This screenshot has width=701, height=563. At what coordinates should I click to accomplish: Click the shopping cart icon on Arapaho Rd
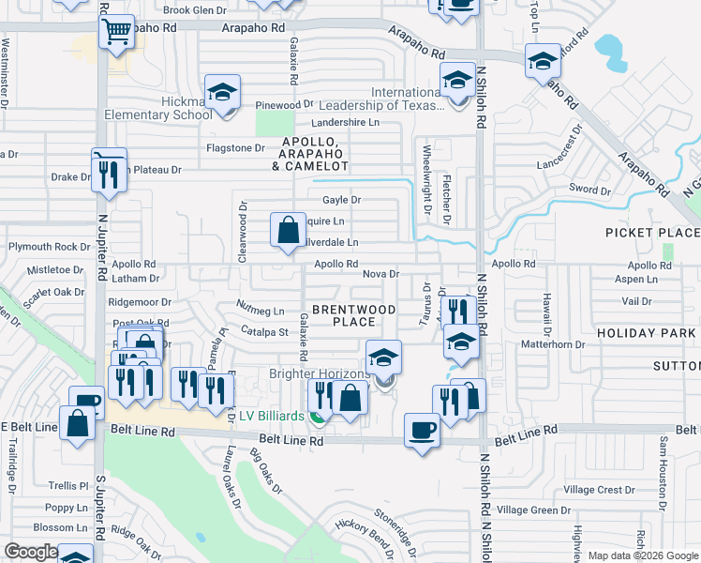(116, 33)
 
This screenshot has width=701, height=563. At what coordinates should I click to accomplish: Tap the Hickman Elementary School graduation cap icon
(222, 93)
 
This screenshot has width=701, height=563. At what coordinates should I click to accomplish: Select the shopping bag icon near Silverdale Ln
(288, 229)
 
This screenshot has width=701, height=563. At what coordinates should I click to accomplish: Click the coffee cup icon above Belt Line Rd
(421, 431)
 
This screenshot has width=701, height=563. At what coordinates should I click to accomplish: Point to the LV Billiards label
(273, 416)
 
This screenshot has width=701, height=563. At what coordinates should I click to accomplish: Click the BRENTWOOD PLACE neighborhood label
(353, 315)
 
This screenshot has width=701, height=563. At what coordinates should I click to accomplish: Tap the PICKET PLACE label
(652, 232)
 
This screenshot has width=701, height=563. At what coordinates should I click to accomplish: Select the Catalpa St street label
(263, 331)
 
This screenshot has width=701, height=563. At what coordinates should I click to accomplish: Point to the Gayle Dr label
(341, 200)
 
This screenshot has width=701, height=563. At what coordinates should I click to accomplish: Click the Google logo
(32, 552)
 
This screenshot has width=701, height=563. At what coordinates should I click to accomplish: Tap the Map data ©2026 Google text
(643, 555)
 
